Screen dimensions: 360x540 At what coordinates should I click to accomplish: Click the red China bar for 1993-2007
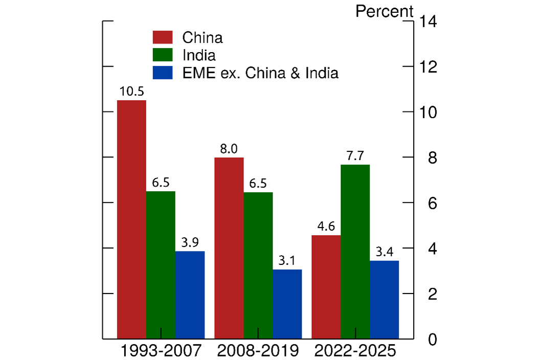pos(131,219)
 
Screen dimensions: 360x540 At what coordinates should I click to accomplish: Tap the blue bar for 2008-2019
pos(287,304)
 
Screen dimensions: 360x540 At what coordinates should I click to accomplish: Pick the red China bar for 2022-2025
pos(326,286)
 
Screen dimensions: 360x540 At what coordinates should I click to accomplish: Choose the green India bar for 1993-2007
pos(161,265)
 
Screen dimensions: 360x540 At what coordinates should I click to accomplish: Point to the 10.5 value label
pos(131,92)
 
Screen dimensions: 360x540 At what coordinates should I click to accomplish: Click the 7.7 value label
pos(355,156)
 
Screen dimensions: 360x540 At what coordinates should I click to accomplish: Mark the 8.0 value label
pos(229,149)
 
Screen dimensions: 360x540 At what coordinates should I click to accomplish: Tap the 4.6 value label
pos(326,227)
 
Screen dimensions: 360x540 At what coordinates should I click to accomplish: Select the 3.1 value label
pos(287,261)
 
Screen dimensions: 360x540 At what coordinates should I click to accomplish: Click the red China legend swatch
pos(163,38)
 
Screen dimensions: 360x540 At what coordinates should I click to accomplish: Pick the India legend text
pos(199,55)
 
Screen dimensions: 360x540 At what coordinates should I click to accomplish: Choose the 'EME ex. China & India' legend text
pos(260,73)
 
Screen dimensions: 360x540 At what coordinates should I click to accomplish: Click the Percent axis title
pos(384,11)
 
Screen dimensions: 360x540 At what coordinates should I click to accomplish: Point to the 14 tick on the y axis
pos(428,21)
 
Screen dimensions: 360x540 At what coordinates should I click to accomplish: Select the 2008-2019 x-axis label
pos(258,352)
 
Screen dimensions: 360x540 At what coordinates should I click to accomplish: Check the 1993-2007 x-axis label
pos(161,352)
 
